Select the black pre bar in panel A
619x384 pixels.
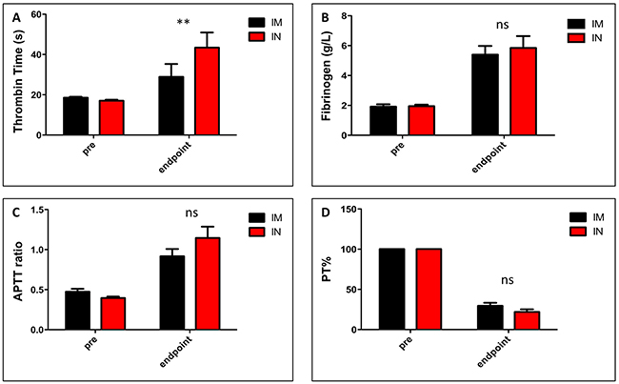click(x=75, y=115)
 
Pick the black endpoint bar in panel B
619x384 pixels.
click(x=486, y=94)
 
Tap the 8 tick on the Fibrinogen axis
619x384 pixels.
click(x=352, y=15)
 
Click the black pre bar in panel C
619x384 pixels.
click(x=75, y=310)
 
